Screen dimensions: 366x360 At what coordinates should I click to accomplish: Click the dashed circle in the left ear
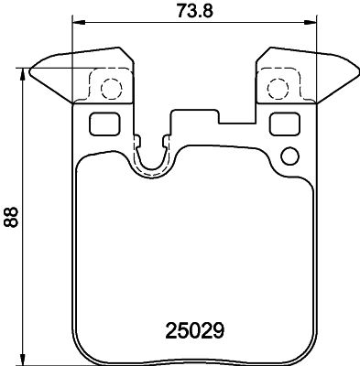tap(110, 89)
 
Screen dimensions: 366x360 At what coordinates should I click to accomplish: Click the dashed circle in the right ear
tap(278, 89)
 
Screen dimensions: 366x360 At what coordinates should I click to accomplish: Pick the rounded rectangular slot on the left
tap(102, 124)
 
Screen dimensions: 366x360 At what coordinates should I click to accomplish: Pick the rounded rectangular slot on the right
tap(286, 124)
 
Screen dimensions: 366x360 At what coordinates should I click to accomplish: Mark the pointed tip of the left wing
tap(32, 68)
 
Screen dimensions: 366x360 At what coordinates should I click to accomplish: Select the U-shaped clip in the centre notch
tap(152, 157)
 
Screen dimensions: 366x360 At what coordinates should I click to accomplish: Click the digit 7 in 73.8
tap(180, 12)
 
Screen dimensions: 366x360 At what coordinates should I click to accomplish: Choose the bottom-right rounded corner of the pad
tap(308, 352)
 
